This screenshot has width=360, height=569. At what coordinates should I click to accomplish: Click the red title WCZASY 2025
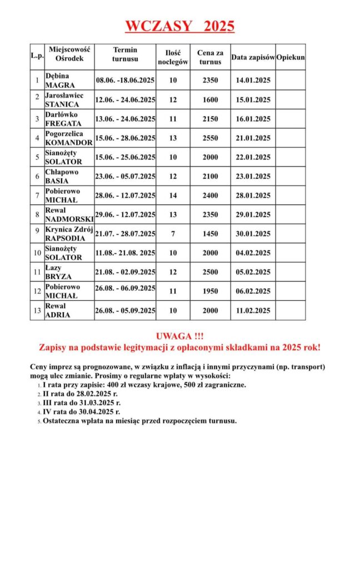click(179, 26)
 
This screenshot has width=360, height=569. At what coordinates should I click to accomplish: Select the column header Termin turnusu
click(125, 54)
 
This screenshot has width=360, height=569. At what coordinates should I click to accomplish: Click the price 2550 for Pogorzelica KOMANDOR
click(210, 138)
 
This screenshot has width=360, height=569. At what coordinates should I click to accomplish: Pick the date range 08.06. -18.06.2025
click(125, 81)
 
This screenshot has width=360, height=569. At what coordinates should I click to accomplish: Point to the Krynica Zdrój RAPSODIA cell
click(69, 234)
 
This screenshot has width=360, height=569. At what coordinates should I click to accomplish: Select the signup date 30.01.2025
click(253, 234)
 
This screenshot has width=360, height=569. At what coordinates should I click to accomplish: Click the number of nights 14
click(173, 196)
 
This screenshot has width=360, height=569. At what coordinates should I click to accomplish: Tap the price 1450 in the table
click(210, 234)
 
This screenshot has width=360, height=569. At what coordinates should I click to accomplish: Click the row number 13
click(37, 311)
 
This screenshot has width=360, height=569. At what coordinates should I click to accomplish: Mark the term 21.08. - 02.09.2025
click(125, 272)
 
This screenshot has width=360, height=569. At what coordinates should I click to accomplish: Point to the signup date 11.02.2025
click(253, 311)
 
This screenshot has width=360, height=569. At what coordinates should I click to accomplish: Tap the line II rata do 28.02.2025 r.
click(82, 393)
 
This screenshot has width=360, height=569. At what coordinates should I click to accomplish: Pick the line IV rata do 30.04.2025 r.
click(82, 412)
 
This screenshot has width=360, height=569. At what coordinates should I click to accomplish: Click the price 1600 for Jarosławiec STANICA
click(210, 100)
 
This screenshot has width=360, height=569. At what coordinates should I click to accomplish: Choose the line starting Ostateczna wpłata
click(139, 421)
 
